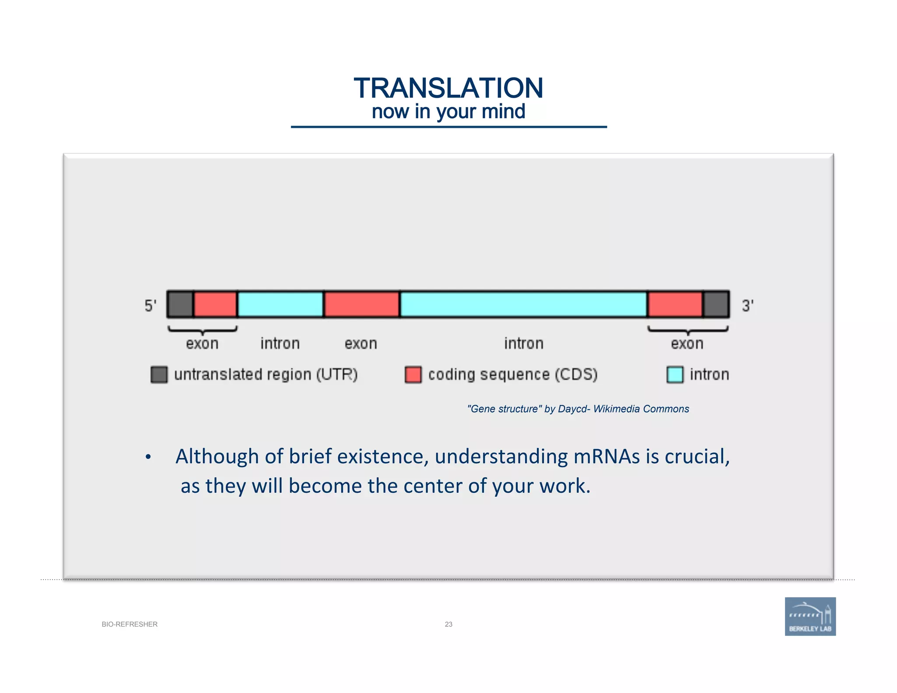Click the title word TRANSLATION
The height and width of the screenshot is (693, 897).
click(448, 88)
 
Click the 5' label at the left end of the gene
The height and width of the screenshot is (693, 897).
click(150, 305)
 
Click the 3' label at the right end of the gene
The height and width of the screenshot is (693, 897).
click(747, 305)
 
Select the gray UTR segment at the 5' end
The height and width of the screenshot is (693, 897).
click(180, 304)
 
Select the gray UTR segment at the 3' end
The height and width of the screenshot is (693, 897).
click(716, 304)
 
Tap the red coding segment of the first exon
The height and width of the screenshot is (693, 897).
click(215, 304)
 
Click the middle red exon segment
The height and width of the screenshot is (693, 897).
click(361, 304)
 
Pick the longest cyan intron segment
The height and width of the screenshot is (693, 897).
click(523, 304)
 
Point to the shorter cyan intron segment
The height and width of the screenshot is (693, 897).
click(280, 304)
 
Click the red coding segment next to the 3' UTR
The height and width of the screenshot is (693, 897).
click(675, 304)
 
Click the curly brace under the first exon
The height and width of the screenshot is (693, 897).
click(202, 330)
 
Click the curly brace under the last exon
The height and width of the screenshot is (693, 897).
click(688, 330)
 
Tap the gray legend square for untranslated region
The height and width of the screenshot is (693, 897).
click(159, 375)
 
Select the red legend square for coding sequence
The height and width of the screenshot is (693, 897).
click(413, 375)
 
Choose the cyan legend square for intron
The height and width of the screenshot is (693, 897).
click(675, 375)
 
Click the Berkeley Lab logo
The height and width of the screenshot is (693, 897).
click(810, 616)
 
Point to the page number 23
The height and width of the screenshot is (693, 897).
click(448, 624)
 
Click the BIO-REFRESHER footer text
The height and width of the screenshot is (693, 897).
click(130, 624)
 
